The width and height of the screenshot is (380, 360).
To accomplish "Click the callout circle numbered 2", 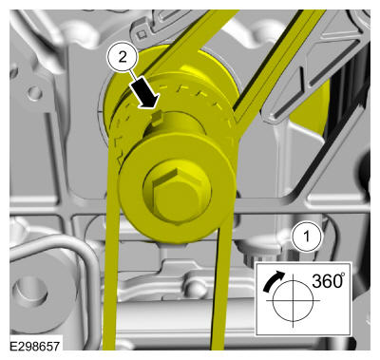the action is click(x=123, y=57).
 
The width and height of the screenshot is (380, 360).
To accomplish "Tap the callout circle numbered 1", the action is click(x=306, y=237).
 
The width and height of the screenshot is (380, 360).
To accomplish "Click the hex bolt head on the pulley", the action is click(x=177, y=197).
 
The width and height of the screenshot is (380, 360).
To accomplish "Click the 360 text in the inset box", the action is click(x=325, y=280).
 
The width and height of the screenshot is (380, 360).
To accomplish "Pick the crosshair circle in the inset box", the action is click(x=293, y=300).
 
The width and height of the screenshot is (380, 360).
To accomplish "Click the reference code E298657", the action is click(x=35, y=346).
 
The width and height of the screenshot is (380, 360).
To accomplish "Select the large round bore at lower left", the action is click(x=30, y=292).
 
